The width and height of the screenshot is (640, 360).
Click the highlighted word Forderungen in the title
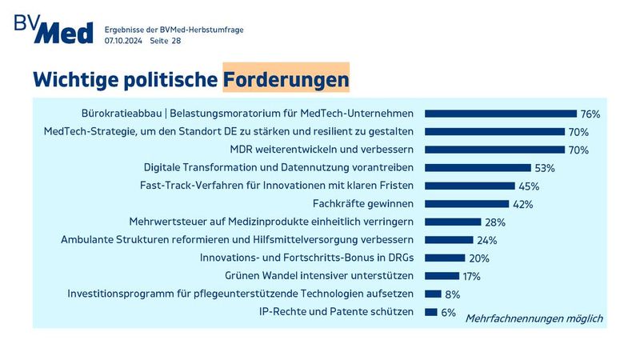click(x=286, y=80)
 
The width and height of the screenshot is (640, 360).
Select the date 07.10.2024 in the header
click(x=123, y=40)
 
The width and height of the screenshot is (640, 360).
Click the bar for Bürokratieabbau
click(x=500, y=114)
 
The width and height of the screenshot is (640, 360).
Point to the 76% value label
click(x=590, y=114)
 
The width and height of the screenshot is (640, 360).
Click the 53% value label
click(x=545, y=168)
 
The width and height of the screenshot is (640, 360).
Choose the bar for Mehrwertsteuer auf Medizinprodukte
click(x=452, y=222)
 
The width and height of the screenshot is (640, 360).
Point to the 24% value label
click(x=486, y=240)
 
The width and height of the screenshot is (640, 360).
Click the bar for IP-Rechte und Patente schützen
click(x=430, y=312)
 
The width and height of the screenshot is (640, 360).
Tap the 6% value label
click(x=449, y=312)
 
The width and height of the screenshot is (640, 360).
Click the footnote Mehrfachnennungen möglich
click(x=534, y=318)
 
